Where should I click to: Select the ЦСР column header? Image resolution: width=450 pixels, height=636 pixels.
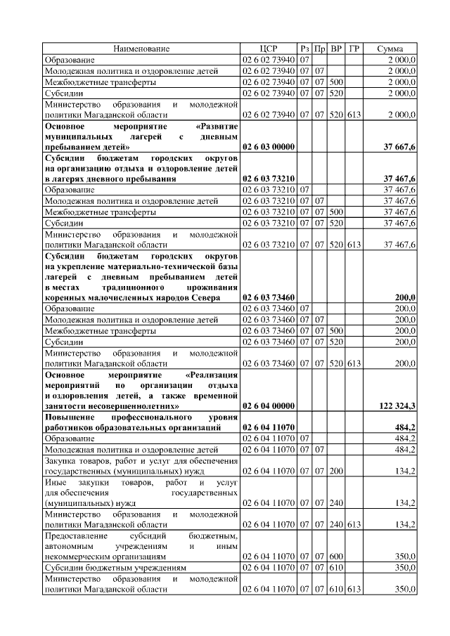(269, 48)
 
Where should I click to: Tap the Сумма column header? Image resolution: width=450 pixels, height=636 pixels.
(390, 48)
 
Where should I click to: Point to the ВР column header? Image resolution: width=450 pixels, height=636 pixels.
(337, 48)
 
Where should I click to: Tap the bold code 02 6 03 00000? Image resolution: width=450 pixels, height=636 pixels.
(269, 147)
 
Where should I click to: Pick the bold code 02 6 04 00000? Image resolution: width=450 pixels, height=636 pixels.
(269, 406)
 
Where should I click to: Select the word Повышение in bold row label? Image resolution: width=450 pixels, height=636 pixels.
(70, 417)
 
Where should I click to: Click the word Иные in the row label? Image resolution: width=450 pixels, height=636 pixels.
(56, 483)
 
